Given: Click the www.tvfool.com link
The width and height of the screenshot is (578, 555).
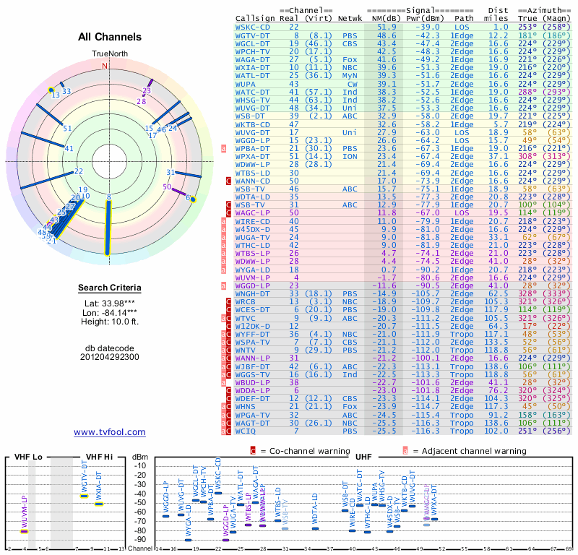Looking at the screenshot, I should pyautogui.click(x=109, y=432).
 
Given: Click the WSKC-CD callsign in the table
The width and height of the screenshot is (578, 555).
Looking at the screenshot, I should pyautogui.click(x=253, y=27).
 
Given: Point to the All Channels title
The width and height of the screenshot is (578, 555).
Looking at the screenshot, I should pyautogui.click(x=110, y=37).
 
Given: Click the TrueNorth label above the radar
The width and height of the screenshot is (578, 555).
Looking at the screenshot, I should pyautogui.click(x=109, y=54).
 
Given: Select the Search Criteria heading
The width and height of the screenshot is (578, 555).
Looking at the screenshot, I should pyautogui.click(x=109, y=288).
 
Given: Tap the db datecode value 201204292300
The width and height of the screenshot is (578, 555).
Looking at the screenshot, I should pyautogui.click(x=109, y=356).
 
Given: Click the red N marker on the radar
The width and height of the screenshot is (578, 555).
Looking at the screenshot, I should pyautogui.click(x=105, y=65).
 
